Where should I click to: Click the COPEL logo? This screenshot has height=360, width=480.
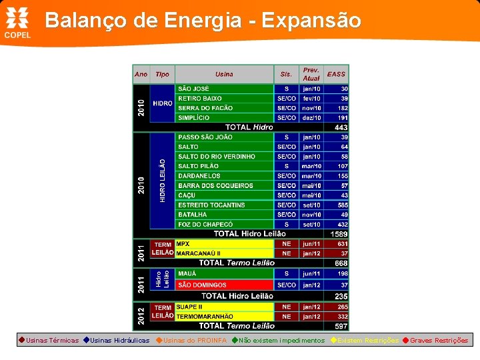(18, 23)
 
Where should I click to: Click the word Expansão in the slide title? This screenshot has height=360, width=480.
(311, 21)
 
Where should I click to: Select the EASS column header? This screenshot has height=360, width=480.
(337, 74)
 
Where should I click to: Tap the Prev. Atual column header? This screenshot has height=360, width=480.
(311, 74)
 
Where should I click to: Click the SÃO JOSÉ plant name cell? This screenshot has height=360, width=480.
(224, 89)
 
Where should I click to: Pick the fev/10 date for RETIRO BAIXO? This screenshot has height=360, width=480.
(311, 98)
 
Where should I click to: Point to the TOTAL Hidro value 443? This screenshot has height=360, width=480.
(341, 127)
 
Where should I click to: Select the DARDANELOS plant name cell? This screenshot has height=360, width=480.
(224, 176)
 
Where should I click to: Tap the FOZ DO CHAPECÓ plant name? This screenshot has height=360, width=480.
(224, 225)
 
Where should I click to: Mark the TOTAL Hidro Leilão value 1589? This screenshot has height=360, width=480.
(339, 234)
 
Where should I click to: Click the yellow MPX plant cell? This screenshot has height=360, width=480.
(224, 244)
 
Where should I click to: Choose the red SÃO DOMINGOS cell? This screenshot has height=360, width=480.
(224, 285)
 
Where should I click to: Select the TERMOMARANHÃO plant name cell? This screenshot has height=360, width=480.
(224, 317)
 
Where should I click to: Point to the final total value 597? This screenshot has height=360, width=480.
(341, 326)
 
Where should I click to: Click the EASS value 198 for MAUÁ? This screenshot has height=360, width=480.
(342, 273)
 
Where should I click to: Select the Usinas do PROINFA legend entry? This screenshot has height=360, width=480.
(191, 341)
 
